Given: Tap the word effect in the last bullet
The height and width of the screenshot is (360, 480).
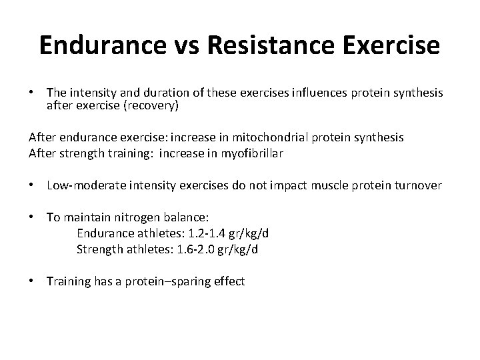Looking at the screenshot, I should (x=229, y=282).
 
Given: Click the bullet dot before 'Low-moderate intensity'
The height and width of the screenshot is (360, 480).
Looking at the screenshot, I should (x=32, y=185).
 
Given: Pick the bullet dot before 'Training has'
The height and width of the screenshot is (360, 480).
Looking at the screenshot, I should (x=32, y=282).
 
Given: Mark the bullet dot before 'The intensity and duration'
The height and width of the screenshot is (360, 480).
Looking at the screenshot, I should (x=32, y=92).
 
